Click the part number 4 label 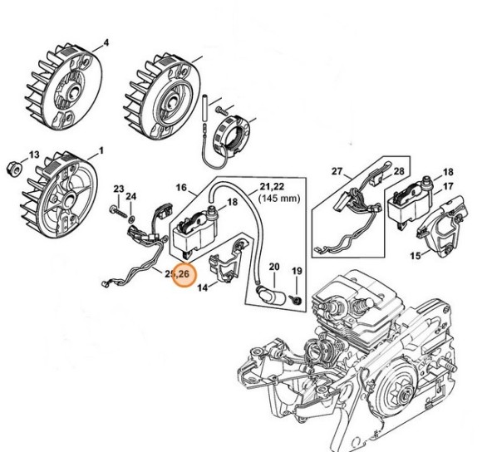(106, 42)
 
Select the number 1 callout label (101, 150)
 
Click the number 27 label (337, 172)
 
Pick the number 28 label (398, 172)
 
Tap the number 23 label (118, 189)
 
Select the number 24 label (131, 196)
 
